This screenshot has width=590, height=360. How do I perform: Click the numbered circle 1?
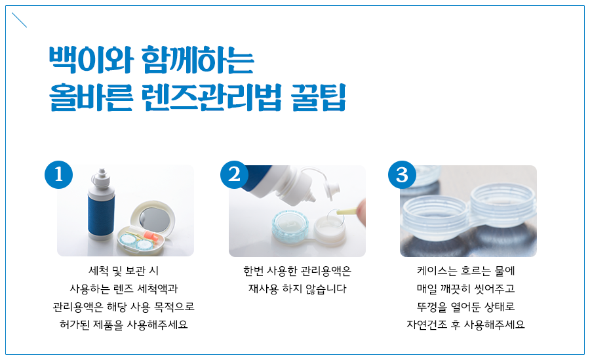point(59,174)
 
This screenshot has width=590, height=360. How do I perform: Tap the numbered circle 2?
point(235,174)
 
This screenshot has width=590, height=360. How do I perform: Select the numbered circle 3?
point(403,174)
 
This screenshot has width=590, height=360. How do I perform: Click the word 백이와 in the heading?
point(91,60)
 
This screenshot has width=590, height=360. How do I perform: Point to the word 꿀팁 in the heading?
point(319,97)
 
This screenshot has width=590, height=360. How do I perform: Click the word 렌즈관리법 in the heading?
point(212,97)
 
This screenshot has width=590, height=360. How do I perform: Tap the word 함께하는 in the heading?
point(198,60)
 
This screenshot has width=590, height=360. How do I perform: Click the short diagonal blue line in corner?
point(19,20)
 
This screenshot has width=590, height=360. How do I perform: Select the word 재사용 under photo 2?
point(264,289)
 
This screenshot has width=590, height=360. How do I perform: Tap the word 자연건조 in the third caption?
point(427,325)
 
